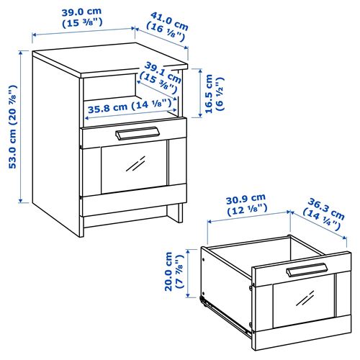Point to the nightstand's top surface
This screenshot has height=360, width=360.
click(108, 62)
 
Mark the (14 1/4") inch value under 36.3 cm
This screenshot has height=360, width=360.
click(321, 216)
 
